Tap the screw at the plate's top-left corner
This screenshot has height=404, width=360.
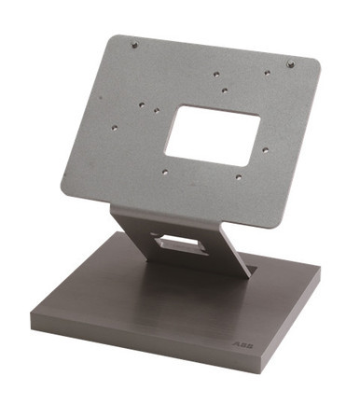pyautogui.click(x=134, y=44)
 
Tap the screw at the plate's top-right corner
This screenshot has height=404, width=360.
pyautogui.click(x=291, y=64)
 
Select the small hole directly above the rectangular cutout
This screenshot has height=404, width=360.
pyautogui.click(x=225, y=91)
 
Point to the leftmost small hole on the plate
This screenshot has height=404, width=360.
pyautogui.click(x=115, y=127)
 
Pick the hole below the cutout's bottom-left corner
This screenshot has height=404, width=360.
pyautogui.click(x=165, y=171)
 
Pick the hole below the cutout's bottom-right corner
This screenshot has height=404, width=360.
pyautogui.click(x=238, y=176)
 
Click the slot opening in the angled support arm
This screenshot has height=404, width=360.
pyautogui.click(x=183, y=244)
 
